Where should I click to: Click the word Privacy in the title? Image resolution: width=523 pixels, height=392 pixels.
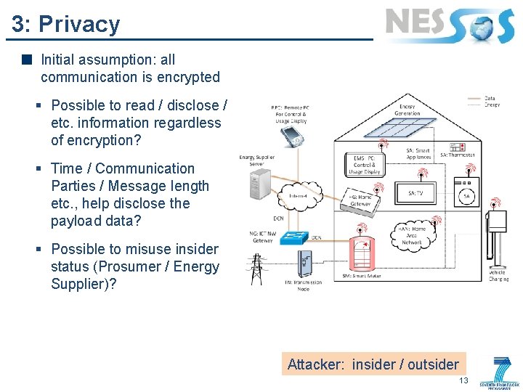click(x=79, y=24)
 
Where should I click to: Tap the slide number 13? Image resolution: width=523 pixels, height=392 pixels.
click(x=463, y=381)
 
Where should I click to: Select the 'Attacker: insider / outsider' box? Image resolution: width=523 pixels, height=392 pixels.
click(x=373, y=364)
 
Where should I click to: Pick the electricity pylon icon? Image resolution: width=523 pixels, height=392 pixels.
click(x=256, y=268)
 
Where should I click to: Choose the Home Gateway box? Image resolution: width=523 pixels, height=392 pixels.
click(x=360, y=200)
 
